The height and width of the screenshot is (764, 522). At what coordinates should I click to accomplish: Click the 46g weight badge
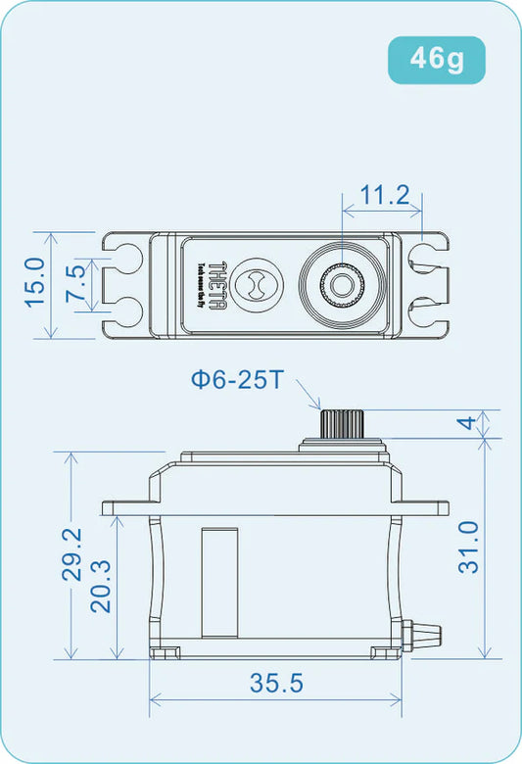[436, 59]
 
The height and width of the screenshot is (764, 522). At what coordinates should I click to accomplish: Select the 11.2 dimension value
[384, 195]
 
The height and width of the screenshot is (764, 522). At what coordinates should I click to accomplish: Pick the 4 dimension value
[468, 423]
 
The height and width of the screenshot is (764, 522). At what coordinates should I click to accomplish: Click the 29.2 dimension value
[72, 554]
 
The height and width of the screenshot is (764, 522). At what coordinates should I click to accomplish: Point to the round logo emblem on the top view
[257, 285]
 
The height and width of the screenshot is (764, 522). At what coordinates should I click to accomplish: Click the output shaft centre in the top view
[340, 285]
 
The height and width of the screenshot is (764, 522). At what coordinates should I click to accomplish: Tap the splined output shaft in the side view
[340, 424]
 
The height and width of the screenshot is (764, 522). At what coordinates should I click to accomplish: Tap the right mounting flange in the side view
[426, 507]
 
